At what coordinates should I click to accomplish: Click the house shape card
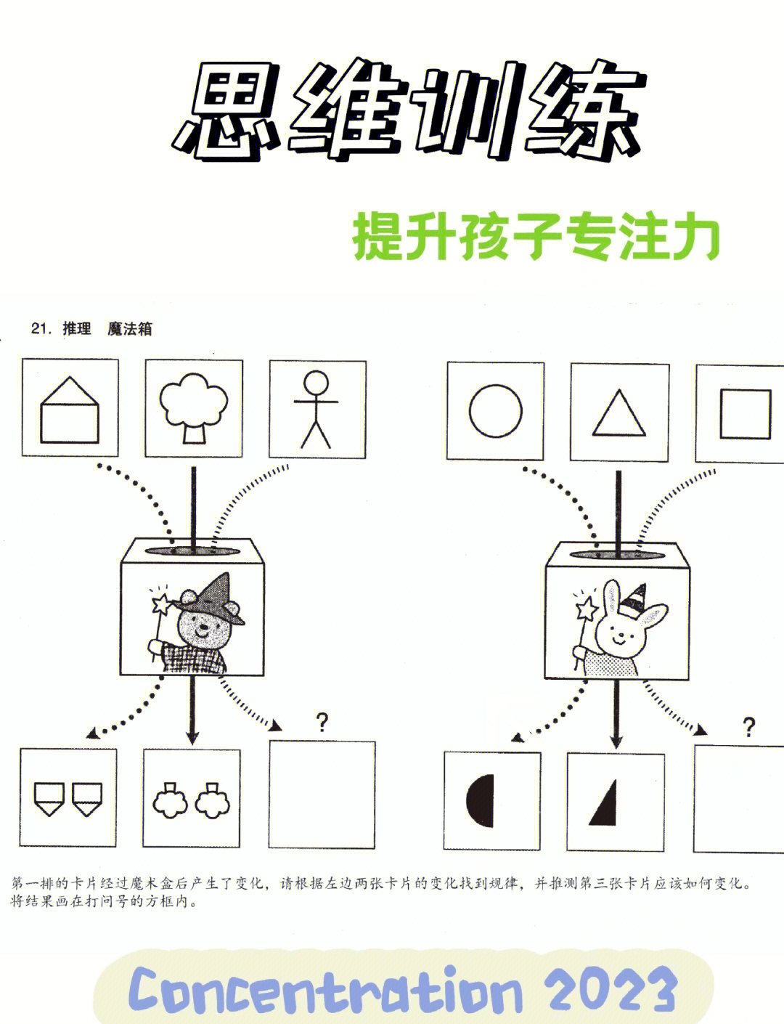(x=70, y=409)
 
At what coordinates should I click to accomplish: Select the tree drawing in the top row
(x=194, y=408)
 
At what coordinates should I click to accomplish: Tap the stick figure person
(x=317, y=409)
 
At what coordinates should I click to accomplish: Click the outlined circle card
(x=495, y=411)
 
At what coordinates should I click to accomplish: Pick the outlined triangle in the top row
(x=618, y=413)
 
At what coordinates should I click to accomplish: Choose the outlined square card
(x=745, y=413)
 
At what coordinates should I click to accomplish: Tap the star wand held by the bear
(x=160, y=604)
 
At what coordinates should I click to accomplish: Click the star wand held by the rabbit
(x=585, y=609)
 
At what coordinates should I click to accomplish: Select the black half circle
(x=481, y=800)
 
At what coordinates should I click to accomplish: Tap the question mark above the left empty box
(x=322, y=721)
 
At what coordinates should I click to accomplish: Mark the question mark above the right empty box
(x=748, y=726)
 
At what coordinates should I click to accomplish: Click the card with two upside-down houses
(x=68, y=798)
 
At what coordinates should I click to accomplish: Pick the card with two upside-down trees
(x=191, y=800)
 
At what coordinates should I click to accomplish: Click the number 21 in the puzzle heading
(x=40, y=329)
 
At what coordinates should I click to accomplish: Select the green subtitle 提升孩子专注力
(x=536, y=237)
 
